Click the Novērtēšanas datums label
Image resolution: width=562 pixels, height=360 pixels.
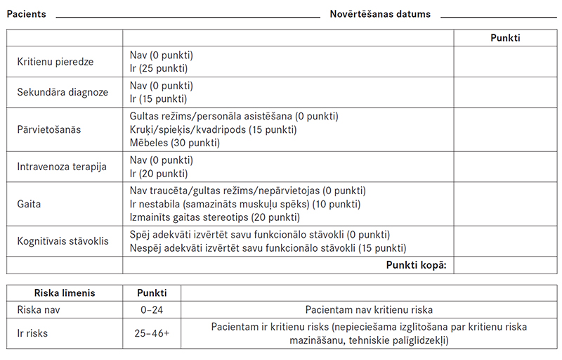click(380, 14)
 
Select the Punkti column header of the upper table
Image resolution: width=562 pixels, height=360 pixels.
click(505, 38)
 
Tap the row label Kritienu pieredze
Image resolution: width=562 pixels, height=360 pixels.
click(55, 62)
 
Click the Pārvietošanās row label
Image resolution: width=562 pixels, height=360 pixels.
click(49, 129)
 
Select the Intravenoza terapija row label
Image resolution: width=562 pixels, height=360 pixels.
click(61, 167)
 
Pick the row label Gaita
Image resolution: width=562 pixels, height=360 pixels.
click(29, 205)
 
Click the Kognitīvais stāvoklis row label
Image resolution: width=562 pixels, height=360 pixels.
click(63, 241)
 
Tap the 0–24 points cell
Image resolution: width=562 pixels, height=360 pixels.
click(152, 309)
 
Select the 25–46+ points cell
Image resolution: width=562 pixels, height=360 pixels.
click(152, 333)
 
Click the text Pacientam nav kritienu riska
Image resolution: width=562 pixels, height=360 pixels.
click(370, 309)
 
